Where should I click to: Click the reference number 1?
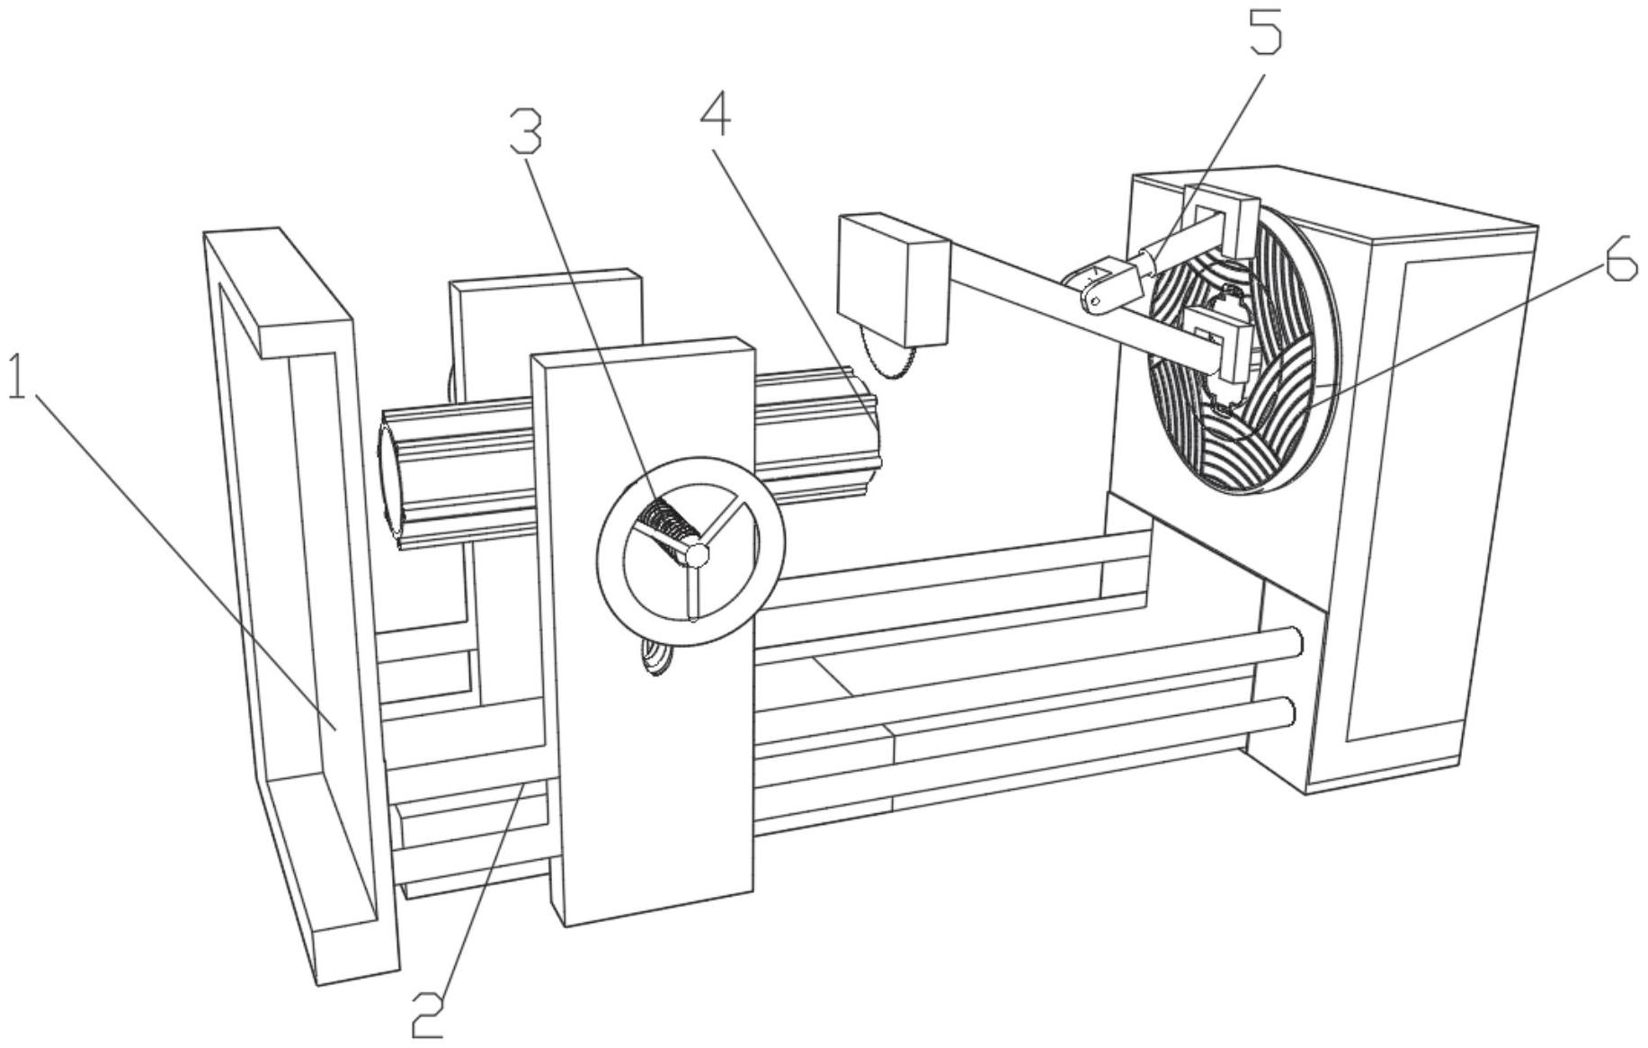(16, 378)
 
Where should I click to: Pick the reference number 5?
(1263, 34)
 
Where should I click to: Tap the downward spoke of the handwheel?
(694, 594)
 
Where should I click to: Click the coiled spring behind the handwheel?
(665, 526)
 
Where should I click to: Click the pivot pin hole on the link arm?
(1092, 300)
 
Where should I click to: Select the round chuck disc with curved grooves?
(1245, 360)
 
